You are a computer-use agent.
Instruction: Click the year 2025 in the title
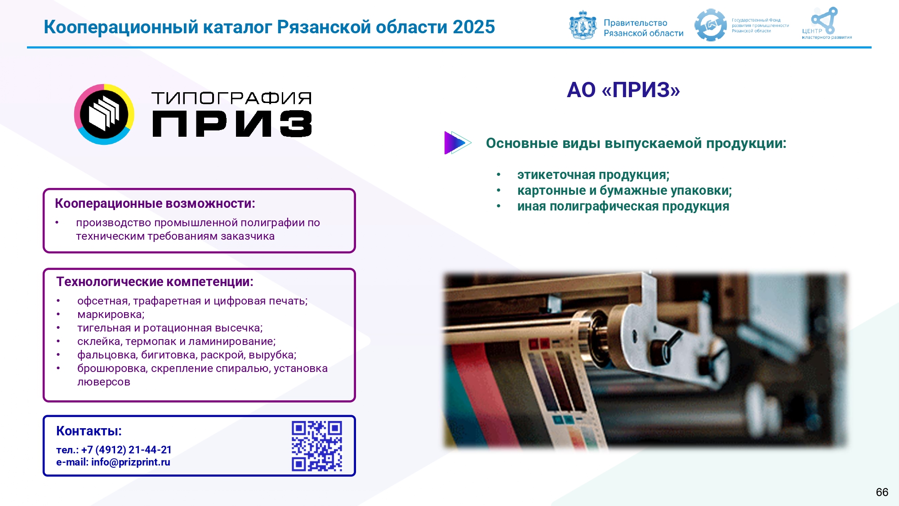pos(474,27)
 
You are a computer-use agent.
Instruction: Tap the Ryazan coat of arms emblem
pos(583,25)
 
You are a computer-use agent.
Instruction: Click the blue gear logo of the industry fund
pos(710,25)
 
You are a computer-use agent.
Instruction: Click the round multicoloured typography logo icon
pos(104,114)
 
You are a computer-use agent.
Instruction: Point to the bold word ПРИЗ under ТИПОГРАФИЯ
pos(232,124)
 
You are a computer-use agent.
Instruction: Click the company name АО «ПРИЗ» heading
pos(623,90)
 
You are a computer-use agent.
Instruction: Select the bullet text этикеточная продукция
pos(593,175)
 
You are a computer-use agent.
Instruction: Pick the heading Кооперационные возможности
pos(155,204)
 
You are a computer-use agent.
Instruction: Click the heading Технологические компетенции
pos(155,282)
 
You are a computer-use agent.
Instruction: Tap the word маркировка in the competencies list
pos(111,314)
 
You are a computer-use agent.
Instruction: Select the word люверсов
pos(104,382)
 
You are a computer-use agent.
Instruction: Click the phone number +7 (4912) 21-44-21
pos(126,450)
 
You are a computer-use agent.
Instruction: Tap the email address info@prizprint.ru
pos(131,462)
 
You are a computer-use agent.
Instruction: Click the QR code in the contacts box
pos(317,446)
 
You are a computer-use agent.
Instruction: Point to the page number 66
pos(882,492)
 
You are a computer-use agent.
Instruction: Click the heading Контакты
pos(89,431)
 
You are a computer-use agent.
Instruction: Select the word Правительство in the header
pos(635,23)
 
